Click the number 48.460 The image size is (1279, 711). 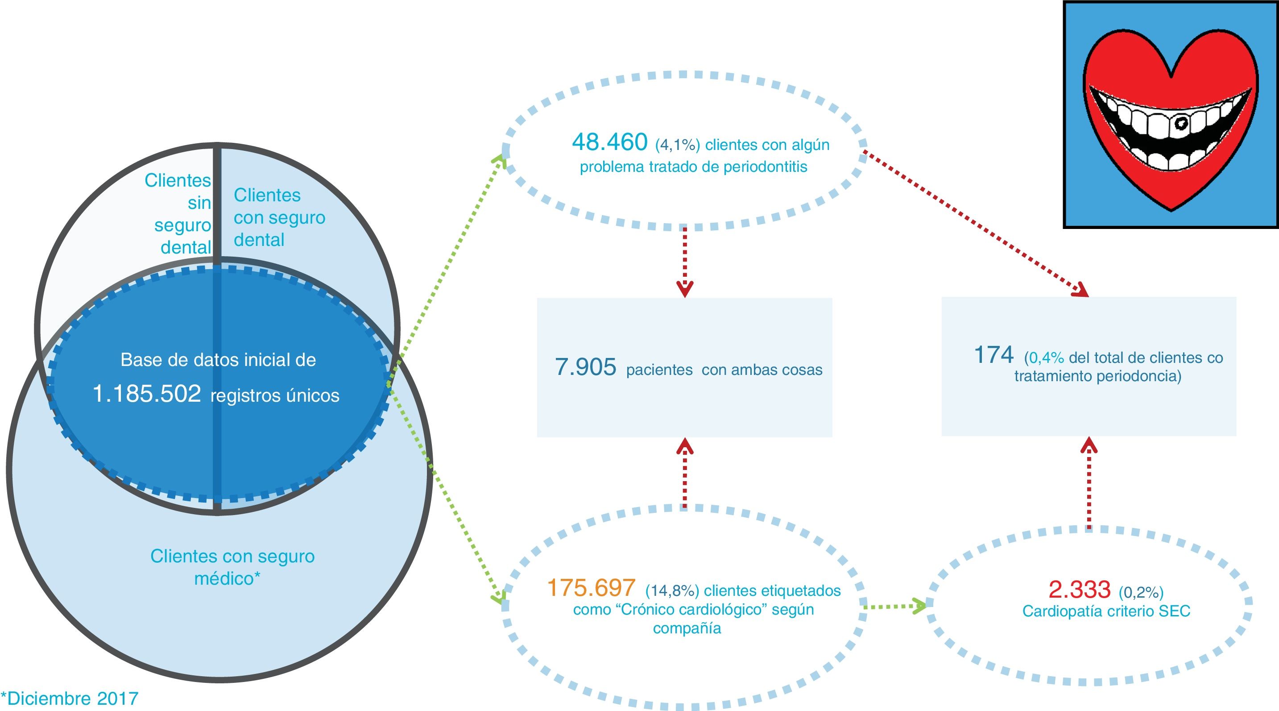click(609, 142)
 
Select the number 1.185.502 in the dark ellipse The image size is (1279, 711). click(147, 394)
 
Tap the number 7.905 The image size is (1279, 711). click(585, 368)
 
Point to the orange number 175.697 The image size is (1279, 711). click(591, 588)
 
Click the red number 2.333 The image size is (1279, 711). click(1080, 590)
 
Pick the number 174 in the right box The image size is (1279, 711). click(993, 355)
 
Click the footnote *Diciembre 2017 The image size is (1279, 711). click(70, 699)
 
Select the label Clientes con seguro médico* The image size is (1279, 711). click(232, 567)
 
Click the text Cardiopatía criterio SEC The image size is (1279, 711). click(1106, 611)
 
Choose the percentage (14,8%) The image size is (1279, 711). click(672, 591)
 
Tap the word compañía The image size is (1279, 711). click(687, 628)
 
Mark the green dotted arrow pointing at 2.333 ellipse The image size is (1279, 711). click(894, 606)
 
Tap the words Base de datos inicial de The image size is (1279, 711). click(218, 360)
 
